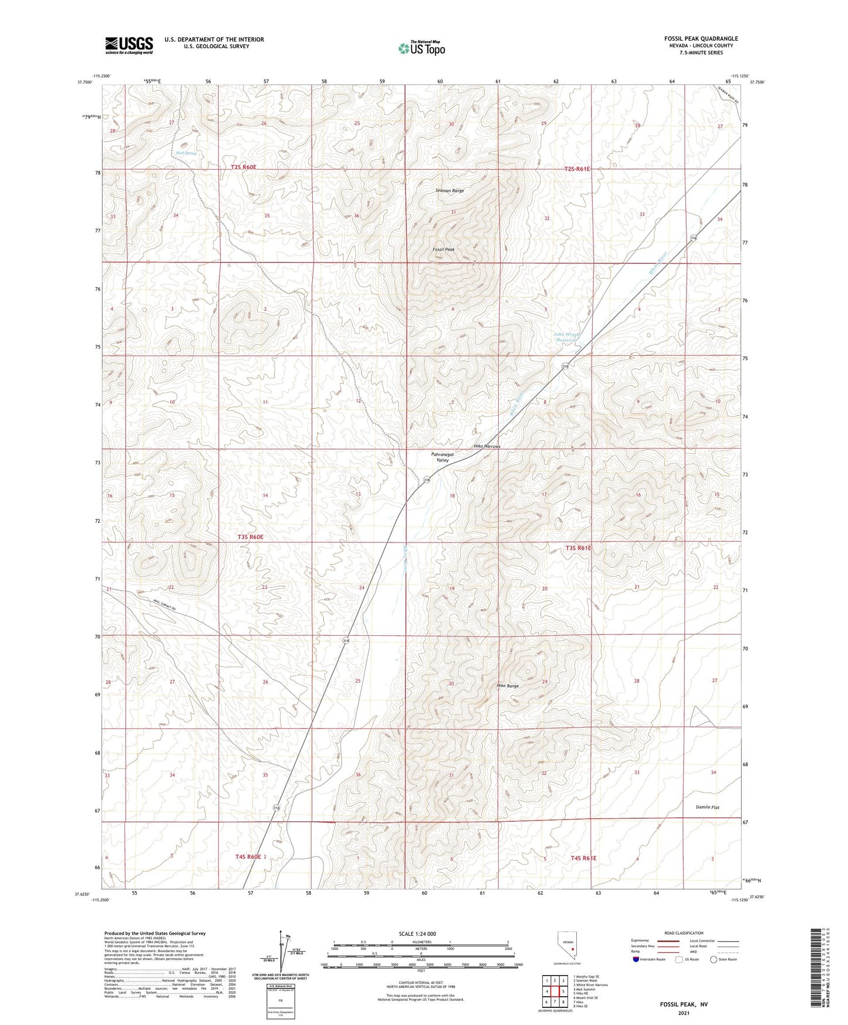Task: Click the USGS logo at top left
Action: tap(129, 45)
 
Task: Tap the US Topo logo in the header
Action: tap(421, 48)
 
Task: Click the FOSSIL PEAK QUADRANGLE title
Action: tap(701, 39)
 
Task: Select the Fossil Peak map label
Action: tap(444, 249)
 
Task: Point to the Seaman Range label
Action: tap(450, 191)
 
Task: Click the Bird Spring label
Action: tap(186, 153)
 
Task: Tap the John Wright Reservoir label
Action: tap(566, 338)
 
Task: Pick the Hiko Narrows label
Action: tap(487, 447)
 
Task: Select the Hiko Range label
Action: tap(508, 686)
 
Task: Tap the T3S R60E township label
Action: tap(251, 537)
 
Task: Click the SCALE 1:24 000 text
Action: tap(417, 933)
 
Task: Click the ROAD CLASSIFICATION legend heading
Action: tap(684, 933)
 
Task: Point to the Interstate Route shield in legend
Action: tap(637, 959)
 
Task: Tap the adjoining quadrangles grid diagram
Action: tap(555, 992)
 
